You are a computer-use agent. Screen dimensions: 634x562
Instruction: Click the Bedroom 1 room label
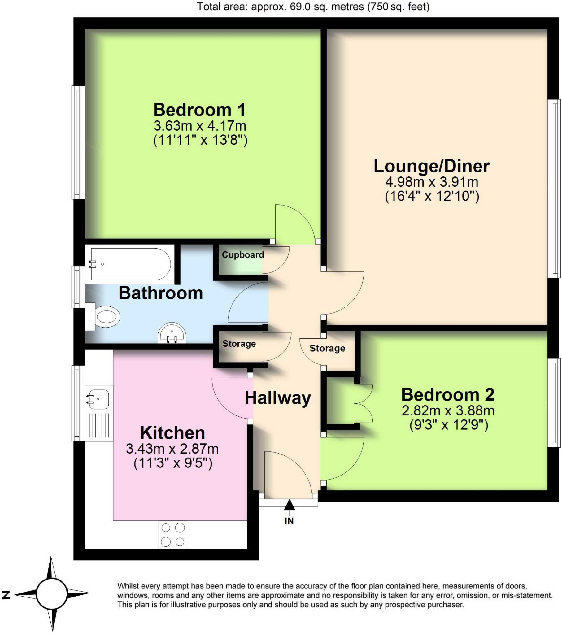tap(199, 110)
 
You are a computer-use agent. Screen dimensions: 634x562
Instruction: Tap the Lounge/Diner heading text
tap(431, 166)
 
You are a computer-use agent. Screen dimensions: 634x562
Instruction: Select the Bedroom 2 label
tap(447, 395)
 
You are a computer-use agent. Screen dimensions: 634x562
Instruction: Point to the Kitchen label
tap(172, 433)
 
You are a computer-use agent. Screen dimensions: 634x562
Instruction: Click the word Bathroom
tap(161, 293)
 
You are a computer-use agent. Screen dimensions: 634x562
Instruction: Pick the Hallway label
tap(278, 398)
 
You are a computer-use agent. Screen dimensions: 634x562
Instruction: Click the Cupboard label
tap(243, 255)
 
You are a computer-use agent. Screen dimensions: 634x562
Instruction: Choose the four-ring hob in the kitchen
tap(173, 534)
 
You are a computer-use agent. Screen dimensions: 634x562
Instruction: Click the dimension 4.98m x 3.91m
tap(431, 182)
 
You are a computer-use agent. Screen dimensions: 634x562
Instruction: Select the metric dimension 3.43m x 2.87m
tap(172, 449)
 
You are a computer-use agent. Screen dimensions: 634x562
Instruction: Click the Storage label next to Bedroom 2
tap(327, 348)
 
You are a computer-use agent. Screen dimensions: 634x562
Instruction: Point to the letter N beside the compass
tap(6, 595)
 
